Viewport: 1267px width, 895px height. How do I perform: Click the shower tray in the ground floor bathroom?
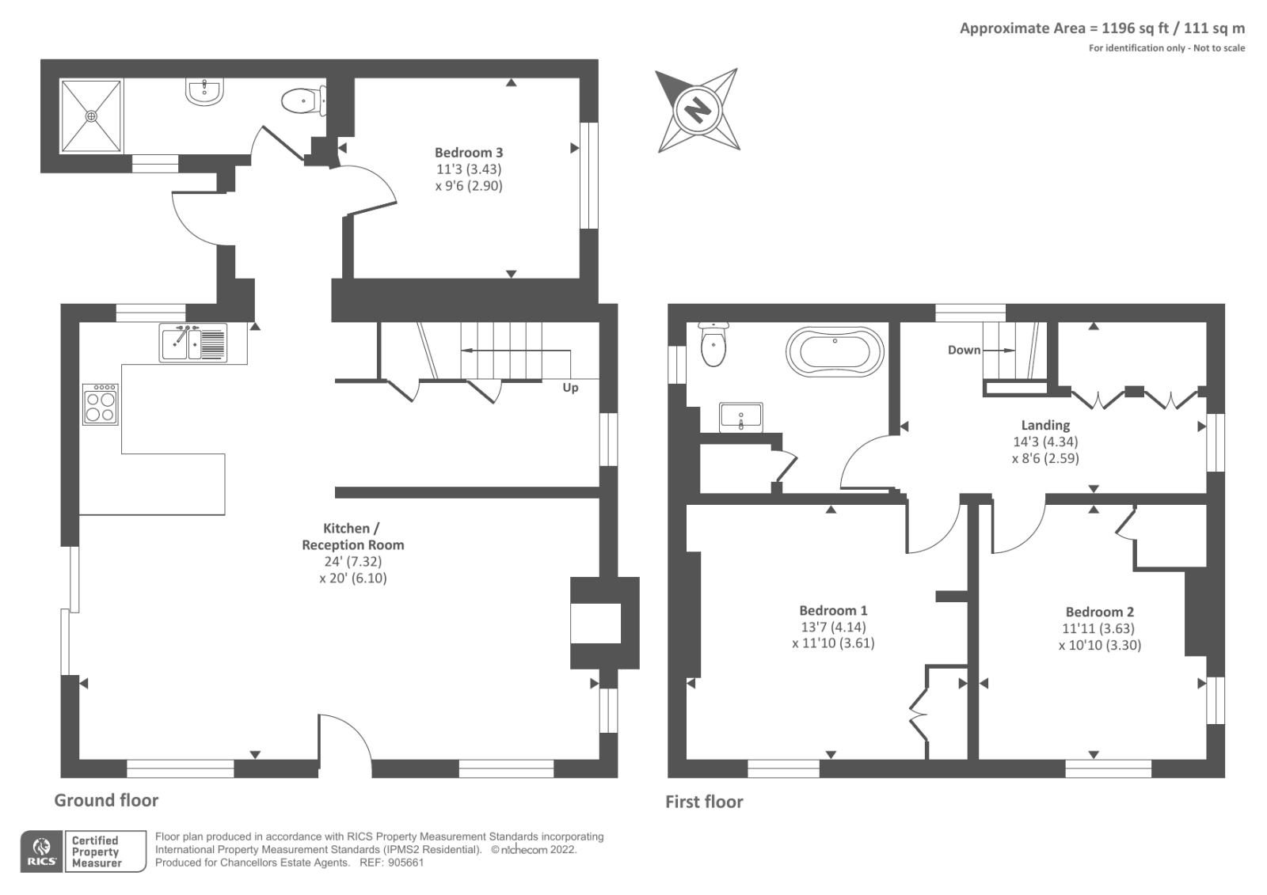point(93,115)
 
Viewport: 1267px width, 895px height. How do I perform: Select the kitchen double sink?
point(193,343)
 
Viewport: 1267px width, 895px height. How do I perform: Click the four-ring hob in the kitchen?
point(101,404)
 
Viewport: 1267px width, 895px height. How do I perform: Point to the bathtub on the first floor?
point(834,350)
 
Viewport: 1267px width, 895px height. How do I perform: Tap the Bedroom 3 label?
point(468,152)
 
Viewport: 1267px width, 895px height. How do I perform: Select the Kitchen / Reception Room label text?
point(352,537)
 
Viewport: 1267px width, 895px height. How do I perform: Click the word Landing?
point(1045,425)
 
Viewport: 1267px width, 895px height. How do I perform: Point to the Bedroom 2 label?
point(1099,612)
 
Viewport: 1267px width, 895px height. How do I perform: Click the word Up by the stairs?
point(570,388)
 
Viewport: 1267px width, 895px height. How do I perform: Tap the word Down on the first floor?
point(964,350)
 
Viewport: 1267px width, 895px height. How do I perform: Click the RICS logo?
point(40,851)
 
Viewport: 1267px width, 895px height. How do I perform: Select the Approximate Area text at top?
point(1101,28)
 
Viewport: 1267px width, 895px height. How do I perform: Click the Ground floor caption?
point(106,800)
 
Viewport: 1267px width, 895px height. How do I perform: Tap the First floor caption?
point(704,802)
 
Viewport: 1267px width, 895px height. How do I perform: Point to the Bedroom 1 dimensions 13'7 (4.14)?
point(832,627)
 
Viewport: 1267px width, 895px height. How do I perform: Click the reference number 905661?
point(406,863)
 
